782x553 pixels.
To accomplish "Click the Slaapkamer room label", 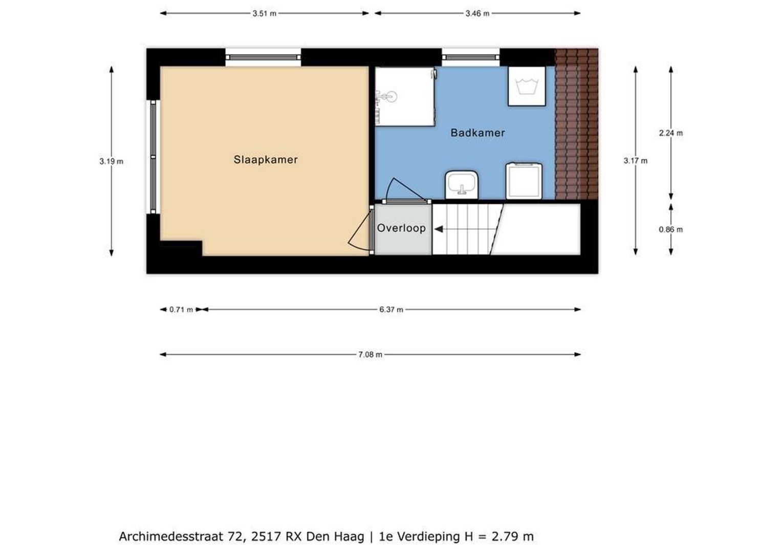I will click(266, 160).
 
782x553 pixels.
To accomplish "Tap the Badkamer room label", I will click(477, 133).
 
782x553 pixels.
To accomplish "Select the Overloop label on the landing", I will click(401, 228).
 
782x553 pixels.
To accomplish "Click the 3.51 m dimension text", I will click(264, 14).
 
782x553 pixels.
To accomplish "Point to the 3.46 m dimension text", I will click(477, 14).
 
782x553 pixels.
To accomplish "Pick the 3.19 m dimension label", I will click(112, 161).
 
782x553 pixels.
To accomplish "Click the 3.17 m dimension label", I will click(635, 161).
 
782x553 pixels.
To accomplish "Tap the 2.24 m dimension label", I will click(670, 133).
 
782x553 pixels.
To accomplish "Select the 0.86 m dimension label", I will click(670, 229).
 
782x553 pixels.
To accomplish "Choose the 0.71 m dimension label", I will click(181, 309).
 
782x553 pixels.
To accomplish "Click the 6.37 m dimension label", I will click(391, 309).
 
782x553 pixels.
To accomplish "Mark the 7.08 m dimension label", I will click(370, 354).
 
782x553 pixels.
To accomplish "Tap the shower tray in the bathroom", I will click(404, 96).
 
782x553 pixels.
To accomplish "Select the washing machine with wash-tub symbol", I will click(526, 86).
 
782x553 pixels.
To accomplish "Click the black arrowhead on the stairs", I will click(438, 229).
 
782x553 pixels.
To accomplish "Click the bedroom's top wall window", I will click(263, 57).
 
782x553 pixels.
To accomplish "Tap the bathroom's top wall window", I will click(470, 57).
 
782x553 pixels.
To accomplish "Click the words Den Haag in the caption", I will click(335, 536).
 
